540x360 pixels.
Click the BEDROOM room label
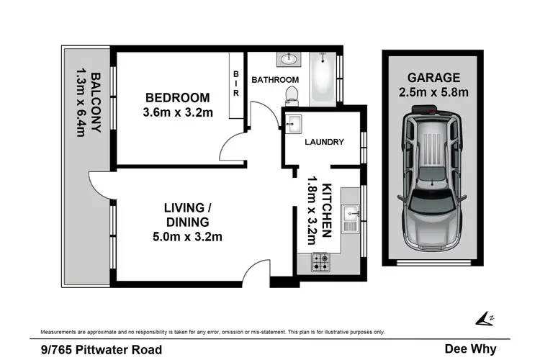pos(177,98)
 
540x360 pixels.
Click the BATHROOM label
pos(275,79)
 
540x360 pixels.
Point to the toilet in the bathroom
pos(292,94)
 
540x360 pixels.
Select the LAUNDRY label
pos(325,142)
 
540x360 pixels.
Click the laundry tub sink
pos(292,125)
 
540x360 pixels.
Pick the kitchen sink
pos(351,212)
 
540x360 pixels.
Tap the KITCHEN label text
pos(326,210)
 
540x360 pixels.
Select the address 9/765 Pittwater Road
pos(101,349)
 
